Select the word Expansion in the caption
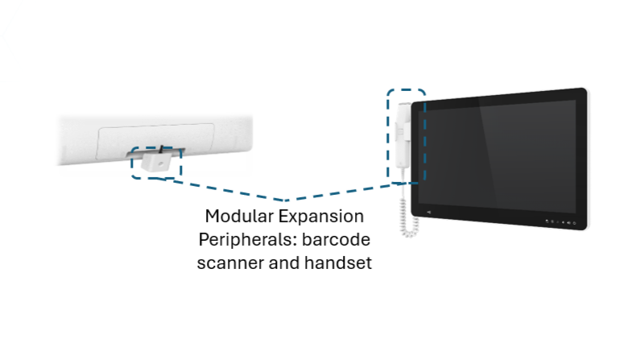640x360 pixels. (321, 217)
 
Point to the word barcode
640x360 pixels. (336, 239)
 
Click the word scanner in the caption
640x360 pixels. (230, 263)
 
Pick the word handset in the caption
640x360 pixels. (338, 263)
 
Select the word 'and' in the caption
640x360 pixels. (284, 263)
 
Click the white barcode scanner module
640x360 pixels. (156, 161)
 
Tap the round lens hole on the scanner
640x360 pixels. (160, 164)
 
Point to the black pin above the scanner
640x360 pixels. (162, 149)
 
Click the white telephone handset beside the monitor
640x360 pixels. (403, 135)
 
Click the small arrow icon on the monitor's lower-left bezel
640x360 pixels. (428, 213)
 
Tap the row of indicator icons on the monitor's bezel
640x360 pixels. (561, 222)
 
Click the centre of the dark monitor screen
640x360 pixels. (498, 156)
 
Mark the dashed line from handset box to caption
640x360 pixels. (343, 192)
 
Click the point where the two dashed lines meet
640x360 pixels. (286, 201)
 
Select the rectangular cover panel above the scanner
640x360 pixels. (155, 141)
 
